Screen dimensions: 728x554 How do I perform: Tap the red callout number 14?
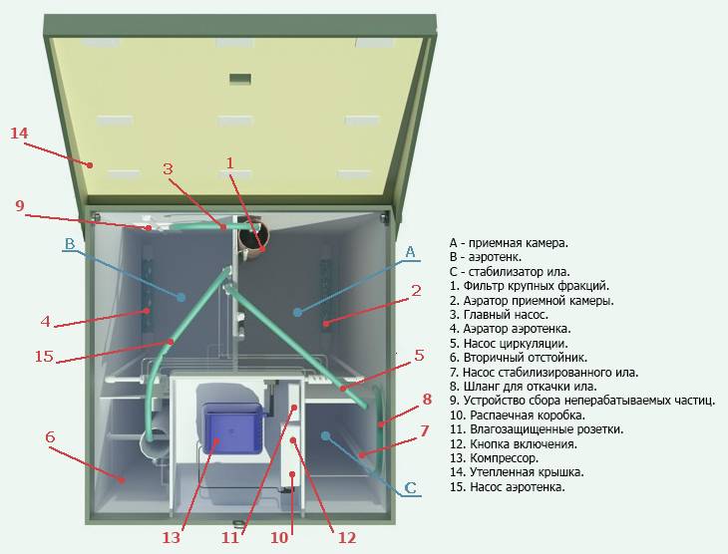(20, 134)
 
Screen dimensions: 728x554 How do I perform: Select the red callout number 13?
(171, 538)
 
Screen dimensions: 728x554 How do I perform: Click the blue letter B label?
(69, 244)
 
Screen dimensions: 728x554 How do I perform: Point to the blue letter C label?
(411, 488)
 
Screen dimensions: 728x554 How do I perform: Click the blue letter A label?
(410, 252)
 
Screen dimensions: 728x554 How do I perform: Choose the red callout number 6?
(50, 436)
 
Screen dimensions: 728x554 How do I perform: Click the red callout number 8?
(427, 399)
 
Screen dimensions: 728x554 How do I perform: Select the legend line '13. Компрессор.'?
(494, 458)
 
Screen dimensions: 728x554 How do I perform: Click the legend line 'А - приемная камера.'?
(509, 243)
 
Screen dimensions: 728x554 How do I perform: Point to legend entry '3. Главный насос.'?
(499, 315)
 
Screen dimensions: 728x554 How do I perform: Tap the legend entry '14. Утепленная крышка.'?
(517, 472)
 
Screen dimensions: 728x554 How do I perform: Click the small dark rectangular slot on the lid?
(240, 79)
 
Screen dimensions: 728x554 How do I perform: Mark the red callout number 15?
(44, 357)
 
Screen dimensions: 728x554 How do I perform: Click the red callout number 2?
(416, 291)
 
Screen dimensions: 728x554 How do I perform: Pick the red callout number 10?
(279, 538)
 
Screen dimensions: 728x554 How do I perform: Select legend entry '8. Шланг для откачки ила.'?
(524, 386)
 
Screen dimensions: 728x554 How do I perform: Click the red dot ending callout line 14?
(91, 164)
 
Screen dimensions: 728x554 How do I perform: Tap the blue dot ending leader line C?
(325, 435)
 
